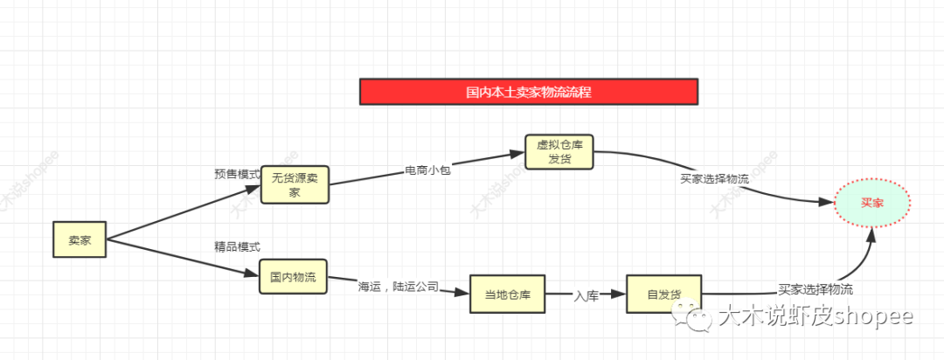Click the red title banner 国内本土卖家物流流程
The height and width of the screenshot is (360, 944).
point(529,92)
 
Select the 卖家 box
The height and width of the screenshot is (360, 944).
point(79,239)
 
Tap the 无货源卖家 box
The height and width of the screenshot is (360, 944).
point(295,184)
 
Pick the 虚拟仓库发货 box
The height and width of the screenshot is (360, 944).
point(559,152)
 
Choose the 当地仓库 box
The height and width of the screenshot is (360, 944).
point(507,294)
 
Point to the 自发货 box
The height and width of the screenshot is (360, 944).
point(664,294)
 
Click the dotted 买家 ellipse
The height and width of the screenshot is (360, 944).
point(871,203)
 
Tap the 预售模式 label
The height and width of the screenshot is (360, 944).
point(237,174)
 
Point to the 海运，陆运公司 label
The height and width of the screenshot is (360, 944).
point(398,286)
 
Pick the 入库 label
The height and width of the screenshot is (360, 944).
point(586,295)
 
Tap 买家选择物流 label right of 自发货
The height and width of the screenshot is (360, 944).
point(816,289)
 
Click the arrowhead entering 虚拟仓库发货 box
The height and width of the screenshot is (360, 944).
point(517,155)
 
